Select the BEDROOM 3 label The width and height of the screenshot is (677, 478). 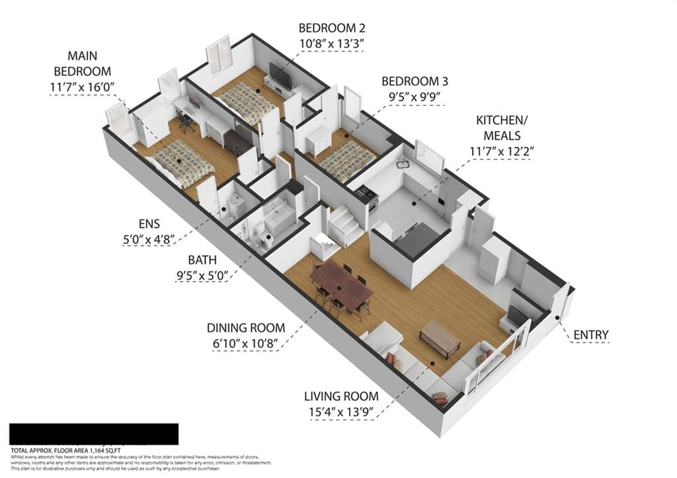coord(415,81)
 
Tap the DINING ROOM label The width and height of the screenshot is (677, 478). coord(246,327)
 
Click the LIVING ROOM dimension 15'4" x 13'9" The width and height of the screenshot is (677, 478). coord(341,413)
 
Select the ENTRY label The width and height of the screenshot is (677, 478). coord(590,335)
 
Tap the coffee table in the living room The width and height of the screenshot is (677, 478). coord(440,337)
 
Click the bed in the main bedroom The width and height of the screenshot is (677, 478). coord(180,163)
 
